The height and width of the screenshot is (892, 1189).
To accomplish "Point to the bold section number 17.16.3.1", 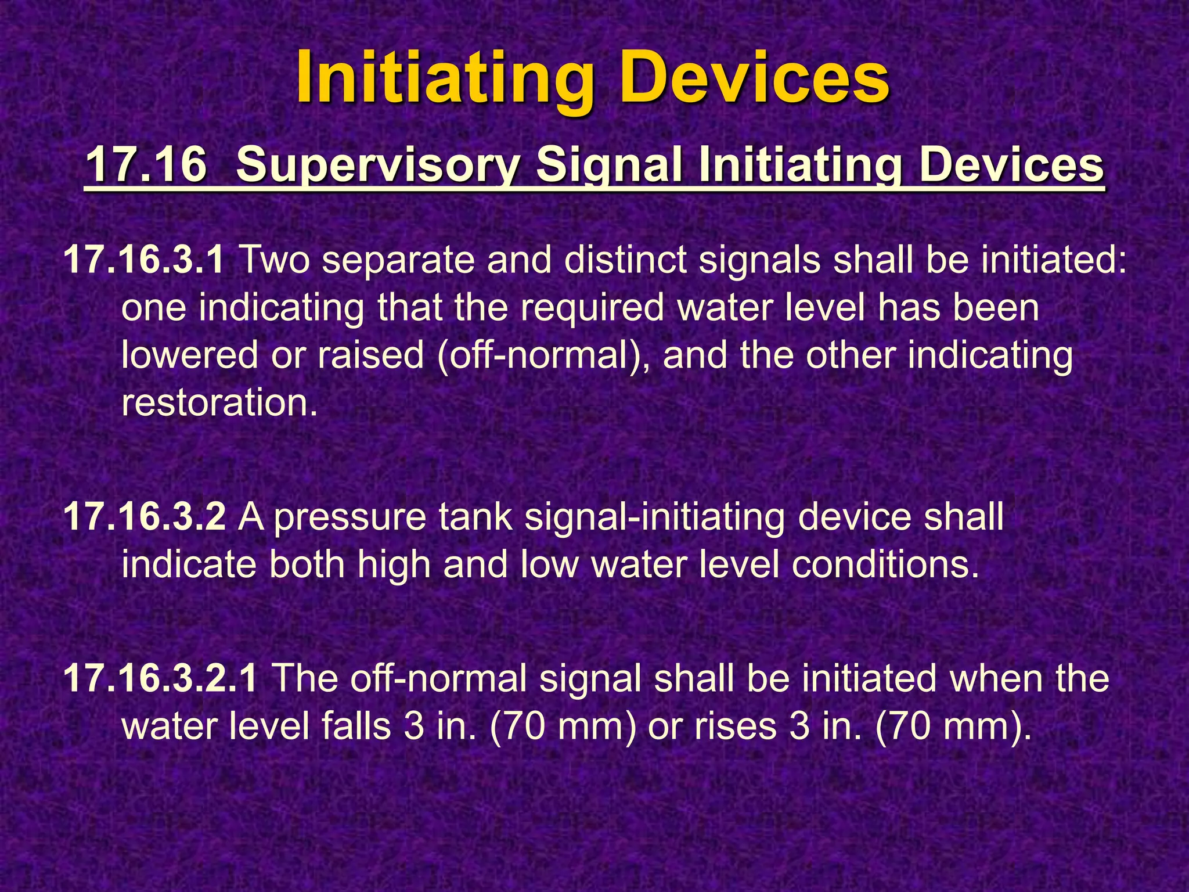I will (143, 260).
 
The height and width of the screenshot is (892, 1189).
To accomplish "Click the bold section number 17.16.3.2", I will (143, 516).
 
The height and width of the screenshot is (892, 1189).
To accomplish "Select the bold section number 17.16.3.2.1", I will (160, 678).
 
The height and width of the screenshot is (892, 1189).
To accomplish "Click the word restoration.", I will (219, 403).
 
